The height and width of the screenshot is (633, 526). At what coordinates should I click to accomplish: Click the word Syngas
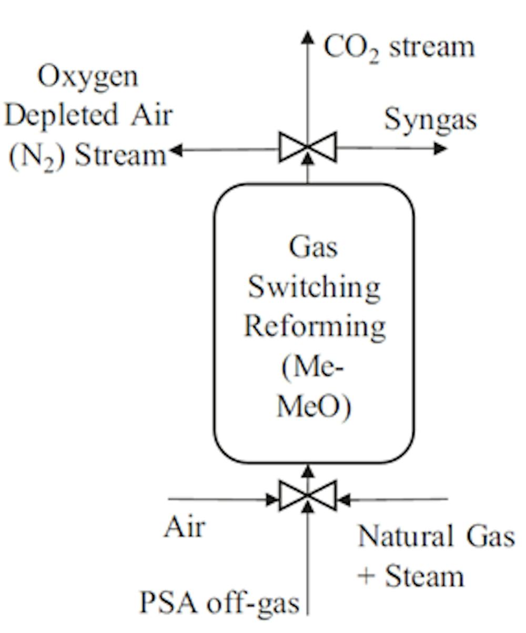[430, 120]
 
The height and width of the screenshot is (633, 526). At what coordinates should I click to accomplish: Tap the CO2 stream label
[399, 47]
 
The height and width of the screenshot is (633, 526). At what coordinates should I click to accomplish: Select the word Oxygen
[88, 77]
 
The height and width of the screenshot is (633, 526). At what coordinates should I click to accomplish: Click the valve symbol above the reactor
[308, 147]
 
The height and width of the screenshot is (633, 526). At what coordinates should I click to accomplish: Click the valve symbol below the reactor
[308, 496]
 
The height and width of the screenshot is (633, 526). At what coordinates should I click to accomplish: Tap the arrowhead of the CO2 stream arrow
[308, 37]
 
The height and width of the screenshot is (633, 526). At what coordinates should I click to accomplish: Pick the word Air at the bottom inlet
[184, 527]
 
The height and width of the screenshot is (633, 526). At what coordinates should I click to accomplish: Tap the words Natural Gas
[436, 537]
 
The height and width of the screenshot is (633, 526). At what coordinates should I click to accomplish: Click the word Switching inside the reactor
[314, 288]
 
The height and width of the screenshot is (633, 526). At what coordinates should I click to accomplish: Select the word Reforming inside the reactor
[315, 326]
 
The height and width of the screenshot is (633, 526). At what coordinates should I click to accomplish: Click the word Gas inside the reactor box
[313, 247]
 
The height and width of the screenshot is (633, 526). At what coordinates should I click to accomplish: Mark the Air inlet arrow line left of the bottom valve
[221, 499]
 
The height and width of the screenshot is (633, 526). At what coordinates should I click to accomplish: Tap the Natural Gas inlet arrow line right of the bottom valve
[394, 499]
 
